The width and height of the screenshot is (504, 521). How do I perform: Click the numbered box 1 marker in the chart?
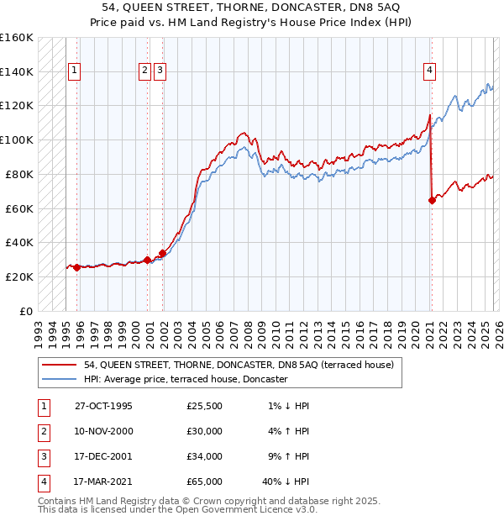pos(76,71)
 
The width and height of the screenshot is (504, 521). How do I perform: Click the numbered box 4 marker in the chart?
pos(429,71)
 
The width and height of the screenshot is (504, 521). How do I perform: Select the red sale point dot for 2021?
pos(432,200)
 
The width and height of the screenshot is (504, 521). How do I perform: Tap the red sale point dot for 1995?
pos(77,267)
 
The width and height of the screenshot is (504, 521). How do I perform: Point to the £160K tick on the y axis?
pos(17,38)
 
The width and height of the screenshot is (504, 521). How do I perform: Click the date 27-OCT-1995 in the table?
pos(103,406)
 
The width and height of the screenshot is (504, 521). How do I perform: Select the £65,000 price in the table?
pos(205,482)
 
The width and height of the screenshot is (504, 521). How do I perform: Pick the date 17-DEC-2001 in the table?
pos(103,456)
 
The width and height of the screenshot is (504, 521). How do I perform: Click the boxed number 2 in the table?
pos(41,431)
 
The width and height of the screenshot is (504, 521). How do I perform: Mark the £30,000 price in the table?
pos(205,431)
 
